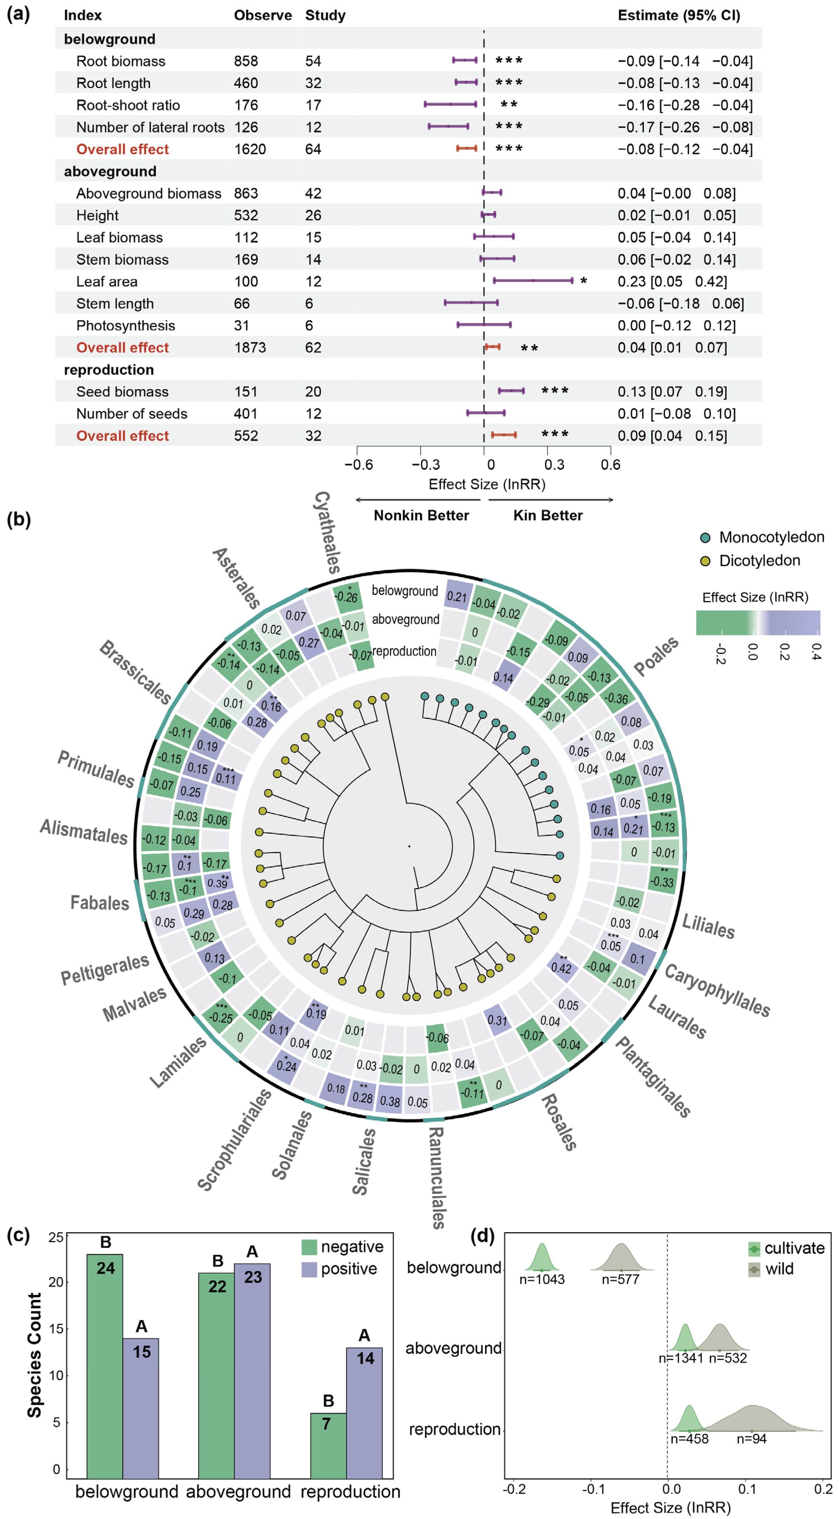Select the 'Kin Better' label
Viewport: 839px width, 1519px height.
(x=548, y=516)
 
